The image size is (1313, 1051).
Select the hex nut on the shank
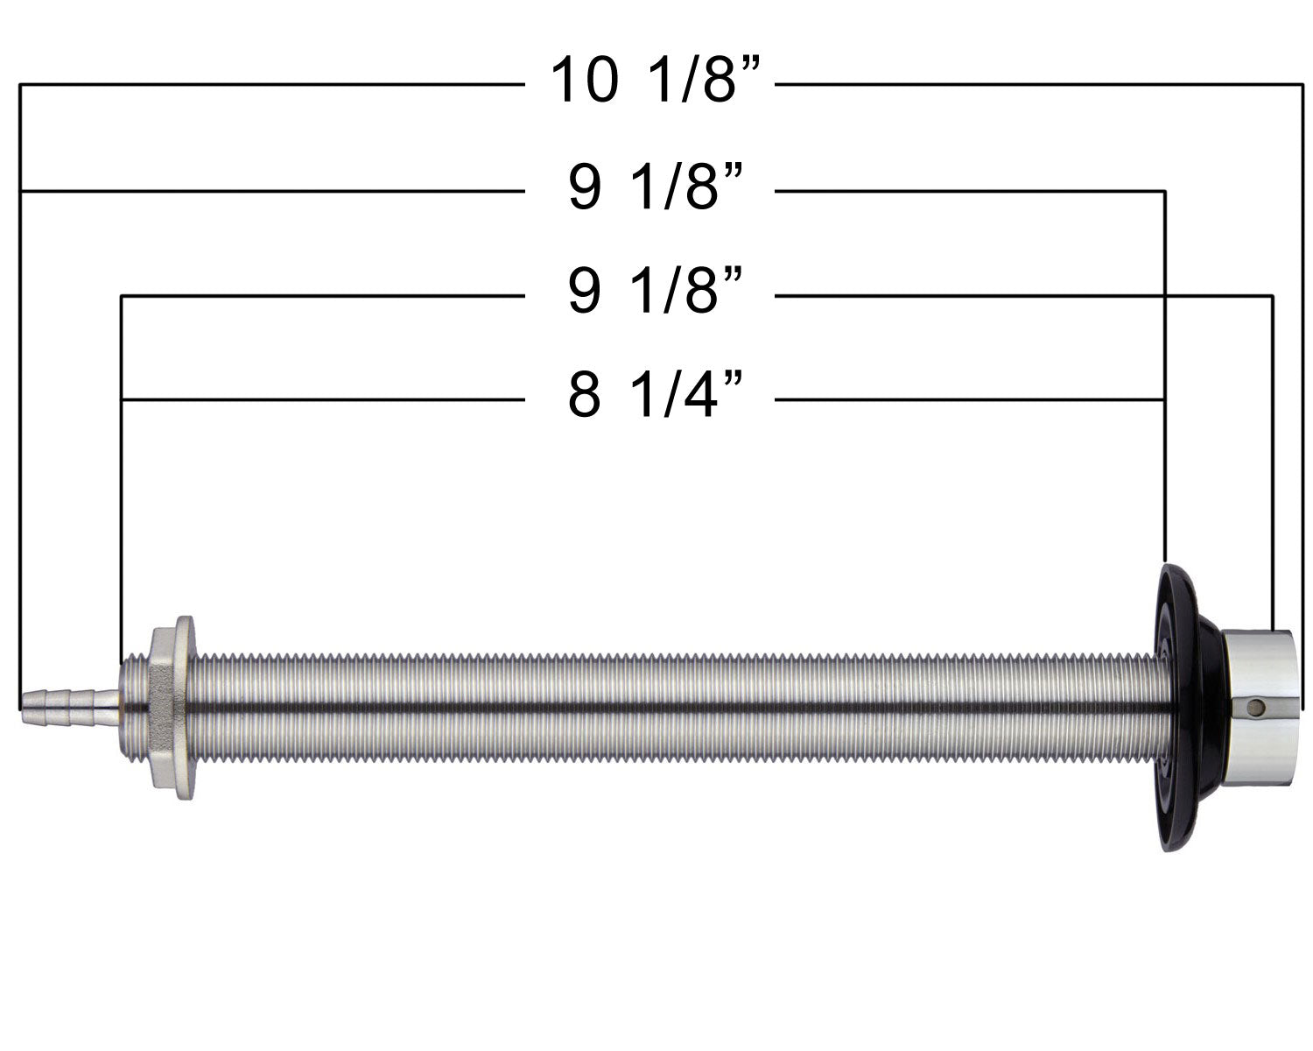pyautogui.click(x=164, y=705)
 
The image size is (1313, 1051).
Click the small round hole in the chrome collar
pyautogui.click(x=1257, y=706)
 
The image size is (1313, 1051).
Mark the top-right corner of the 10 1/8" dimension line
pyautogui.click(x=1304, y=84)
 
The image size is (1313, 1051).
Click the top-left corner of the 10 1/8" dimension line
pyautogui.click(x=19, y=84)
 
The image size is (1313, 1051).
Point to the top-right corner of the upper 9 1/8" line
pyautogui.click(x=1166, y=190)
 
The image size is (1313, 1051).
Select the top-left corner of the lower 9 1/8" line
pyautogui.click(x=122, y=296)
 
